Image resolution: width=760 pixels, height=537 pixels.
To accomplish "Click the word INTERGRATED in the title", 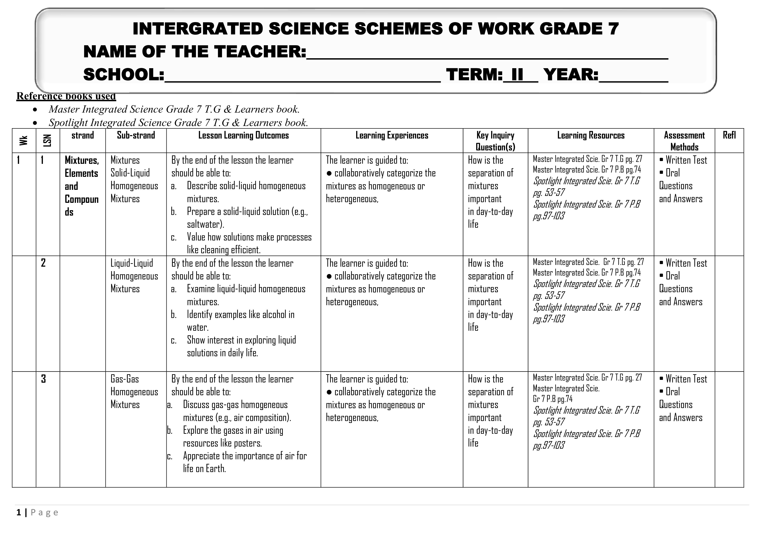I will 198,29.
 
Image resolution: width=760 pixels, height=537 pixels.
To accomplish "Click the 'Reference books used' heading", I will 66,96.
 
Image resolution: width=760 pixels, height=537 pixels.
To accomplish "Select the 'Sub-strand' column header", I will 136,135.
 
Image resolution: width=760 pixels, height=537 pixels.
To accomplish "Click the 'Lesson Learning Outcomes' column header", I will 243,135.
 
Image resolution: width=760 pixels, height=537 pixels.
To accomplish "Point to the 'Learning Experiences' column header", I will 391,135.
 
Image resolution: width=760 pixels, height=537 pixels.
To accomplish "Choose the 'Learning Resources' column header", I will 591,135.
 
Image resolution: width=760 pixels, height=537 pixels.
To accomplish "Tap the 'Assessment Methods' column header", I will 684,141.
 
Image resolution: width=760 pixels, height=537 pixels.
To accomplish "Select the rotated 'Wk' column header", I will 23,140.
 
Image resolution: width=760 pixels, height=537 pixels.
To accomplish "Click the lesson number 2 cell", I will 43,263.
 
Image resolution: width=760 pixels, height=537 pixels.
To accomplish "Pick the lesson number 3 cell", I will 43,379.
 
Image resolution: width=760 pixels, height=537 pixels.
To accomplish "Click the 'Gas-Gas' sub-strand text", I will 124,379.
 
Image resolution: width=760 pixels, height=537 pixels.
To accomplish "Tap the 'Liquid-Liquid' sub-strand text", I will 132,263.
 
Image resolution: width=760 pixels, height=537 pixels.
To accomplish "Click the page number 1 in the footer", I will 19,513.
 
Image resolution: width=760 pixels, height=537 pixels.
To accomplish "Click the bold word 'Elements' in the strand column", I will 81,173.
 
